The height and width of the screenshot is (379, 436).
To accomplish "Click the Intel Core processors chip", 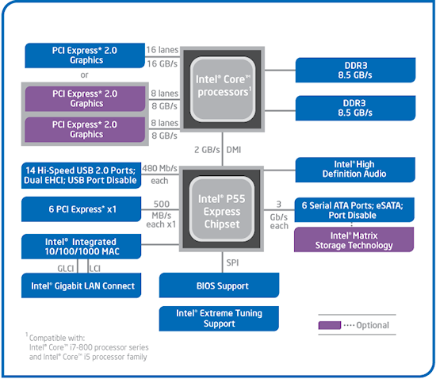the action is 223,90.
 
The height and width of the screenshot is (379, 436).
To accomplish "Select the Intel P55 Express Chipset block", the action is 222,209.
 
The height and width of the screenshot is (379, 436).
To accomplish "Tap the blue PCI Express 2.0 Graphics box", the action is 85,56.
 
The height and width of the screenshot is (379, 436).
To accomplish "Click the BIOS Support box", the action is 219,285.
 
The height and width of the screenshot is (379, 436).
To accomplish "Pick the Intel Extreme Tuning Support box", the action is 219,319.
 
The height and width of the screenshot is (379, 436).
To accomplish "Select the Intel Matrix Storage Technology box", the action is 354,239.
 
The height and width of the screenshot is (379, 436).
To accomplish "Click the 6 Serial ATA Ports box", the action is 354,209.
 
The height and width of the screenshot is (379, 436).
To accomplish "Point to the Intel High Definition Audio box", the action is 355,170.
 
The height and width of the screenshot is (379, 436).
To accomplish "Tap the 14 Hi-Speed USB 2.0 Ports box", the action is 81,175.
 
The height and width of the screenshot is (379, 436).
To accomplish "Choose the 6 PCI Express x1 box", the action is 81,209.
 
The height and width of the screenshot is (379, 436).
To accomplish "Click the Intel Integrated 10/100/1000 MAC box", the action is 81,247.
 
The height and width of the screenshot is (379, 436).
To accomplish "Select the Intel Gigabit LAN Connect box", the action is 81,285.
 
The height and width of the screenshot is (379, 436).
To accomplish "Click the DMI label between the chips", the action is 234,150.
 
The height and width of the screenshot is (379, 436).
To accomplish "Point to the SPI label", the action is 232,262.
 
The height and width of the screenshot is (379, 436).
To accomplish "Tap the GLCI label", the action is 66,269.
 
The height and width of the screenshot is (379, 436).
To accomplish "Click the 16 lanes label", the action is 163,50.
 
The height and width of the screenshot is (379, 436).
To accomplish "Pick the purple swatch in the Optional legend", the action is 330,325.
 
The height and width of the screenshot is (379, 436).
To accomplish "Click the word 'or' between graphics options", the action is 85,75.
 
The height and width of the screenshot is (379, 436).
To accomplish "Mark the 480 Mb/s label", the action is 159,168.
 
